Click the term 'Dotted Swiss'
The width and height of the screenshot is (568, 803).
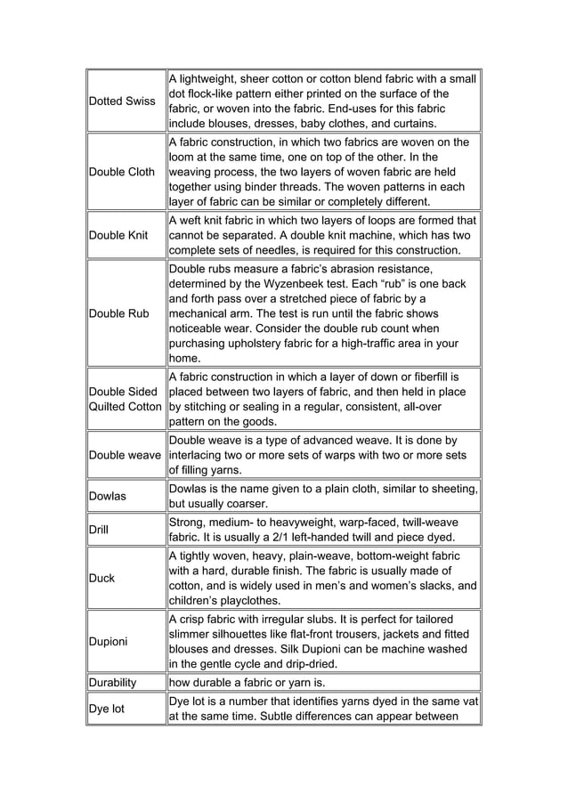(x=122, y=101)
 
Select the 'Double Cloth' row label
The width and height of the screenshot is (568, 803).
(x=122, y=172)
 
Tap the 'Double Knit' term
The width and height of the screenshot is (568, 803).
(x=118, y=235)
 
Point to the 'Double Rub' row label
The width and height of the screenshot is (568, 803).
(x=118, y=313)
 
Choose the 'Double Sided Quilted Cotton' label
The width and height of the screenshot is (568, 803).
(x=126, y=399)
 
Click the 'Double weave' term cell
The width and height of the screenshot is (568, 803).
(x=126, y=456)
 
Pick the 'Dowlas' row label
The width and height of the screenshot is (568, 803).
(x=108, y=496)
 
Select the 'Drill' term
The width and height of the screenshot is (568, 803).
(x=99, y=530)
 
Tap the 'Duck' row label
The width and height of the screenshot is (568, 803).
(x=102, y=578)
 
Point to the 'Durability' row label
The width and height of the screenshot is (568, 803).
(x=113, y=683)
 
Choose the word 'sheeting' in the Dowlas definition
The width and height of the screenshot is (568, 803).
(x=450, y=488)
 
